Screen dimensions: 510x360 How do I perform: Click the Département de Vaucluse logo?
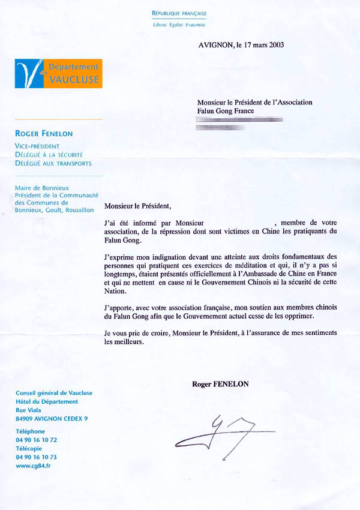click(58, 74)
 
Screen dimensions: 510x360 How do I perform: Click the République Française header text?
click(179, 13)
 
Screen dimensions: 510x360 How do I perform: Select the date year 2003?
click(275, 44)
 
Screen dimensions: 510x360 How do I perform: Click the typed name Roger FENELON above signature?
click(220, 383)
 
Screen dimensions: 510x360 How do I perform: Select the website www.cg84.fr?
click(33, 465)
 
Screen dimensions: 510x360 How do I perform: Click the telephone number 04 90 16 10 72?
click(36, 439)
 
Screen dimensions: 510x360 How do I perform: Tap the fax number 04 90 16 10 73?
click(36, 457)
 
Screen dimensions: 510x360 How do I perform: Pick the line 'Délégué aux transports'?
click(53, 163)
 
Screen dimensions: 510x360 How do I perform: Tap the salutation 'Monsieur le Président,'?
click(137, 206)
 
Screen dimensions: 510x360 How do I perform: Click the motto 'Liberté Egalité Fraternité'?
click(179, 25)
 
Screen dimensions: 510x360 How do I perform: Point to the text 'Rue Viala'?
click(28, 410)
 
